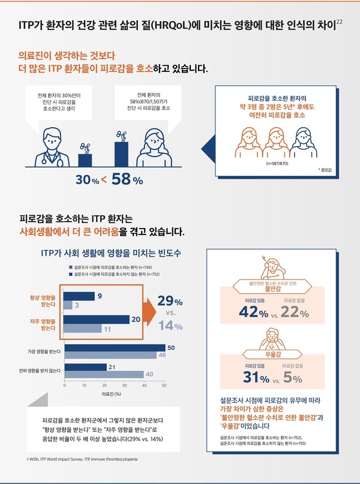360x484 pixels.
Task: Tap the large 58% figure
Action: [x=128, y=180]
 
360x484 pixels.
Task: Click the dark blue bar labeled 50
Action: [x=115, y=347]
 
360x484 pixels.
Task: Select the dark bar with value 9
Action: [x=79, y=296]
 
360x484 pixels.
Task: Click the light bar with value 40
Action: [x=104, y=375]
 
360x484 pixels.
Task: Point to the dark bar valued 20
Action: [x=97, y=319]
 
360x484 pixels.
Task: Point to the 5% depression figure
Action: [x=294, y=377]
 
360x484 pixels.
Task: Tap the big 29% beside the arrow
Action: [x=170, y=300]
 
